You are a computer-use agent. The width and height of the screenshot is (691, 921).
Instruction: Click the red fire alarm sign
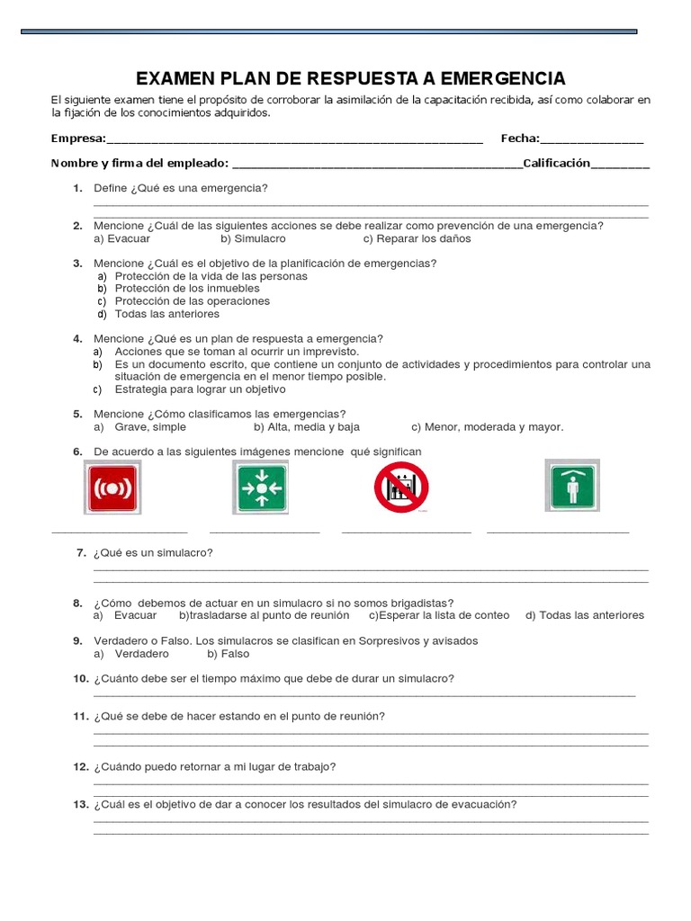click(x=112, y=487)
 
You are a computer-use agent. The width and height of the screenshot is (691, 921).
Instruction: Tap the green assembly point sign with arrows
click(x=261, y=487)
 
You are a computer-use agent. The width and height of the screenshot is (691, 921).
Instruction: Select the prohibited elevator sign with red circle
click(x=401, y=487)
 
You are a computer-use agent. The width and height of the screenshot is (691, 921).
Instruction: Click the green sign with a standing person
click(x=571, y=486)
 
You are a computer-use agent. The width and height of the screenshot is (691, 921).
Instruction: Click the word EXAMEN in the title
click(x=176, y=78)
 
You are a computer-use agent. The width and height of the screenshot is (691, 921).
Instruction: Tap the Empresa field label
click(x=78, y=139)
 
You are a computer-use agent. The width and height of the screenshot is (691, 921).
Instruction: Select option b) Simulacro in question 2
click(x=253, y=238)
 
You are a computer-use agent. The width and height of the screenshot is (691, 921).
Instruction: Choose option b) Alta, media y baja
click(x=306, y=427)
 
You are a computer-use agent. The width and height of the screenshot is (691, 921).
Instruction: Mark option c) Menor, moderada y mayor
click(x=487, y=427)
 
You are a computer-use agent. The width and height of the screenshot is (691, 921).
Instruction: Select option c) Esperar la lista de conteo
click(x=439, y=615)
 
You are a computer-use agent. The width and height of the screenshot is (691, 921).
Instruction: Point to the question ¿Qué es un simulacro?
click(x=153, y=552)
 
